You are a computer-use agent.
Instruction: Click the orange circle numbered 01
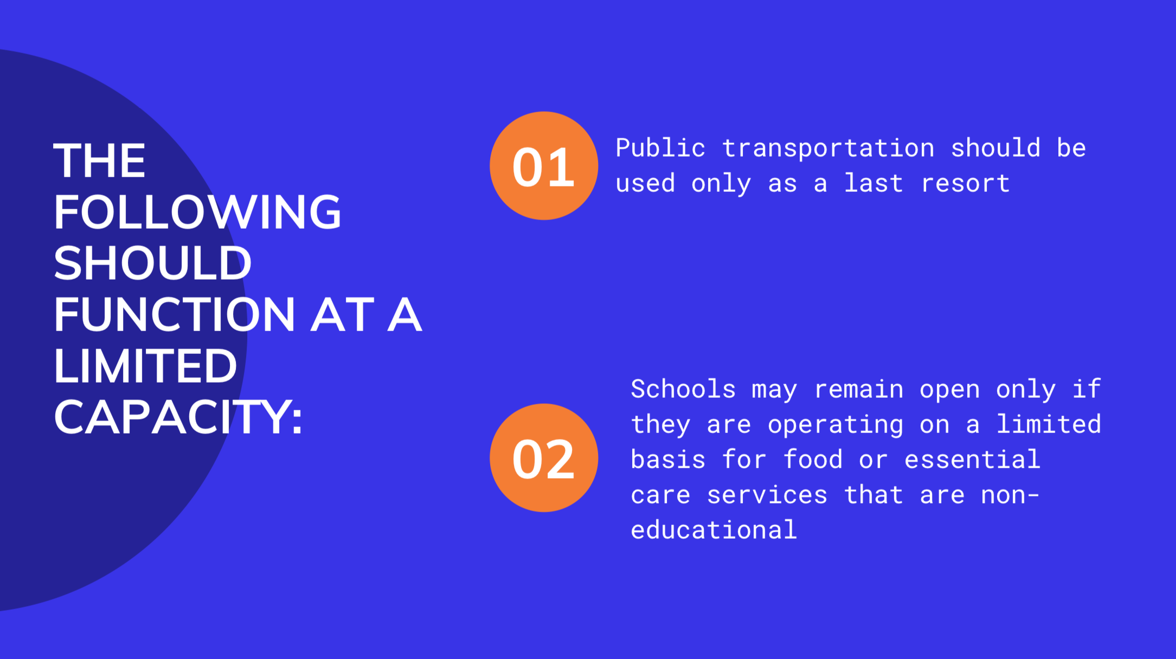544,166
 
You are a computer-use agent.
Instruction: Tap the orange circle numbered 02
544,458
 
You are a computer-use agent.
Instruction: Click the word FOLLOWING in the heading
197,212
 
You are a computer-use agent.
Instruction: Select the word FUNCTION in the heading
175,314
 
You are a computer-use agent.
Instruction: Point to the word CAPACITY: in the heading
178,417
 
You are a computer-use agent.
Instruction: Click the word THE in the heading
100,160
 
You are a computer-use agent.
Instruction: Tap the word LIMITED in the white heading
145,366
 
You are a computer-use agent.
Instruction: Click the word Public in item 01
660,148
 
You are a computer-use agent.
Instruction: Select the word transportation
828,148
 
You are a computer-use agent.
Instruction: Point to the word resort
965,184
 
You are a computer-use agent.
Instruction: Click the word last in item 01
873,183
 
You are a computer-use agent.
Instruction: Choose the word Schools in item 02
683,389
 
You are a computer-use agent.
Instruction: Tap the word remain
859,390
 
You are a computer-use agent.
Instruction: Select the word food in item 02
813,460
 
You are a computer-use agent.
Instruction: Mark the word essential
972,460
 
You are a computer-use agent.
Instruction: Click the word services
767,495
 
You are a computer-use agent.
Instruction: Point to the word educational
714,529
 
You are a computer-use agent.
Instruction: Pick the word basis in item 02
668,460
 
